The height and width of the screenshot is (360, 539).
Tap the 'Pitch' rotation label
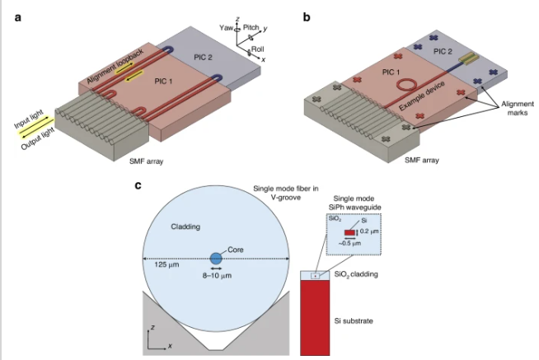252,26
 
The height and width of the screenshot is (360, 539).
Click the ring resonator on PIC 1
405,84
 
